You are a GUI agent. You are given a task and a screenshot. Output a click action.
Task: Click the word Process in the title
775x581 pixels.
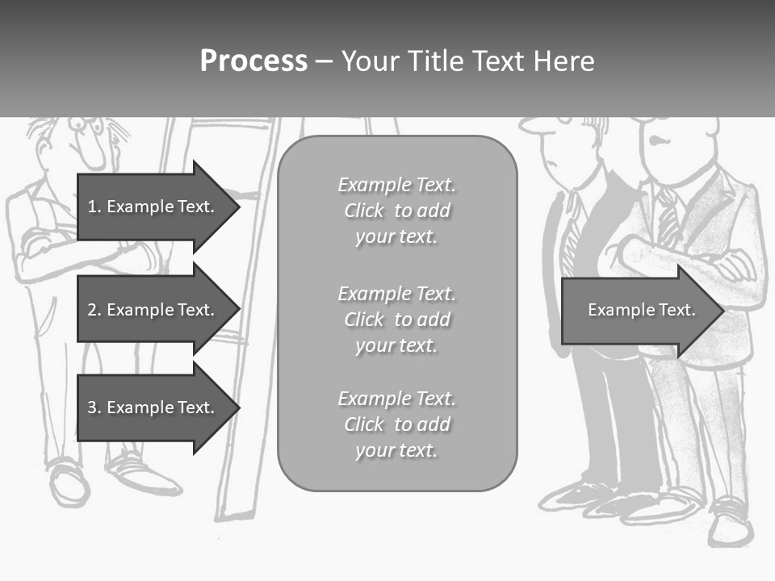coord(253,61)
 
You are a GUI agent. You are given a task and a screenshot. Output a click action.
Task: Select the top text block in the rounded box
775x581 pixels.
coord(396,211)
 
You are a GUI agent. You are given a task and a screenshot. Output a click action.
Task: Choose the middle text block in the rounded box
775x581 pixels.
coord(396,319)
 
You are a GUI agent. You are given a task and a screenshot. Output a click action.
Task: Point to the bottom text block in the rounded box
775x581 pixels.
coord(396,424)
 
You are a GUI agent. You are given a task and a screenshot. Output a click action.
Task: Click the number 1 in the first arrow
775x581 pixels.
coord(92,207)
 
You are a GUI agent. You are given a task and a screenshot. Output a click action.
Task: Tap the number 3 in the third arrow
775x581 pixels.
coord(92,408)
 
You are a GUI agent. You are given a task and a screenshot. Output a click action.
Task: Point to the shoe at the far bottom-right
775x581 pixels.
coord(731,527)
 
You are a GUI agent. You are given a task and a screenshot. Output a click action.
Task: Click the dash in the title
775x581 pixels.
coord(325,61)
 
